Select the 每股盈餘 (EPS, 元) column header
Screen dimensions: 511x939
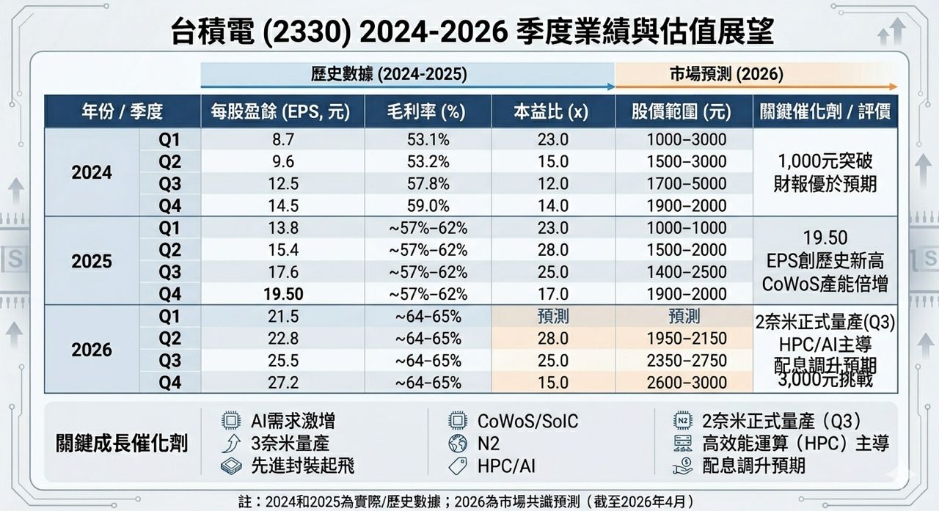(x=275, y=111)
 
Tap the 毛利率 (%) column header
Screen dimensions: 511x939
(x=428, y=111)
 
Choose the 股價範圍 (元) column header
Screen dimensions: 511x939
(x=682, y=111)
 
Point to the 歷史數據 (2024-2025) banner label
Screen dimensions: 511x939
(x=388, y=74)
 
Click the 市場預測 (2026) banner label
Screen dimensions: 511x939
(x=726, y=74)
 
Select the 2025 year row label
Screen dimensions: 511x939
(x=92, y=261)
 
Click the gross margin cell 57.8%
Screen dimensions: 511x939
(x=428, y=183)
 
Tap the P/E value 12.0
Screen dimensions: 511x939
(x=553, y=183)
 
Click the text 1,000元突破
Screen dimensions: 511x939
(x=825, y=162)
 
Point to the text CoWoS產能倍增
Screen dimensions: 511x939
(x=825, y=283)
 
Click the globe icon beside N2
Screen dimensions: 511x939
(x=458, y=444)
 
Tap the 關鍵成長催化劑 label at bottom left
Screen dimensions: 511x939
(x=122, y=444)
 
